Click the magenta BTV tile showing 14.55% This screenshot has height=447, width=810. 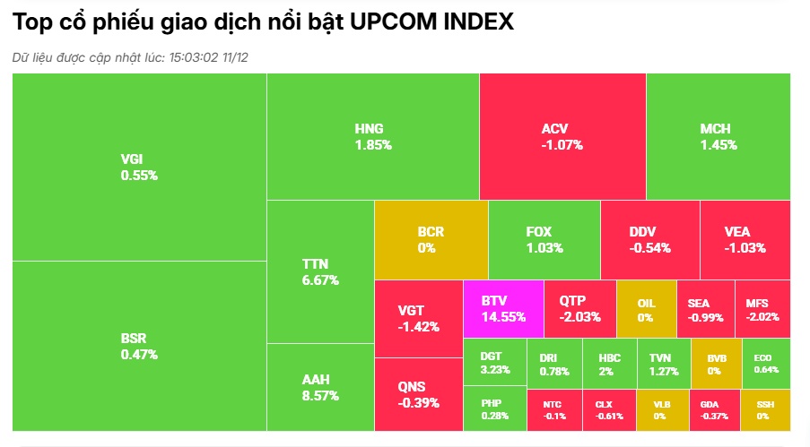pos(503,309)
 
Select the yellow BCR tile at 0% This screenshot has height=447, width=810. pos(431,240)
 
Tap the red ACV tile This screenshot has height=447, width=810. pos(562,136)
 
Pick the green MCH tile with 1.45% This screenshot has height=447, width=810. pos(718,136)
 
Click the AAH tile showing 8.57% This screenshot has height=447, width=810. pos(320,386)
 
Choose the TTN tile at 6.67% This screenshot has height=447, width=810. pos(320,271)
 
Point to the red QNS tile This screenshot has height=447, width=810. pos(418,394)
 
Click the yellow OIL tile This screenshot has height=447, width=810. pos(645,309)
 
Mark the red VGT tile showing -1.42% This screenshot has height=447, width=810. pos(418,318)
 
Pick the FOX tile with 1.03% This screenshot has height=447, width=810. pos(544,240)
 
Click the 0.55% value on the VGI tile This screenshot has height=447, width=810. pos(139,176)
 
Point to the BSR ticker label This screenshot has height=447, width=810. pos(133,339)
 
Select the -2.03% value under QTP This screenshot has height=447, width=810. pos(579,317)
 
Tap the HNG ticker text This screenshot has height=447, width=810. pos(369,129)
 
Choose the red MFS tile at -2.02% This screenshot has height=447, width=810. pos(762,309)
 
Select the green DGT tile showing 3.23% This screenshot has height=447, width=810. pos(494,363)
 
